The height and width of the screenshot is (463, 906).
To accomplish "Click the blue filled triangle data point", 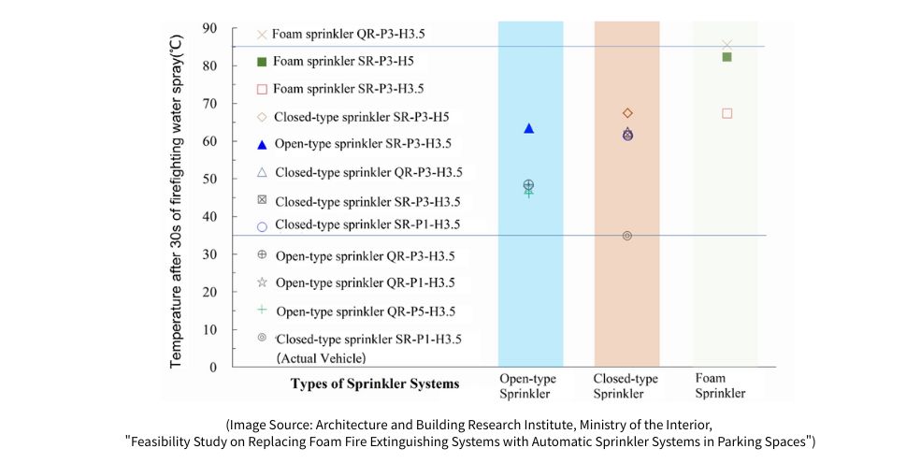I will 529,128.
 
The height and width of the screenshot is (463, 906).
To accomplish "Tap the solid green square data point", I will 726,57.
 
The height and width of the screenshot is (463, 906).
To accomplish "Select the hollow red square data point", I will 726,113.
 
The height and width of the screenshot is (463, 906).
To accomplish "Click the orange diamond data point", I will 627,113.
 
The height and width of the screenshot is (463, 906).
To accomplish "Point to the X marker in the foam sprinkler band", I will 727,44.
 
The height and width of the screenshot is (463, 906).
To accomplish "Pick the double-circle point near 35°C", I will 627,236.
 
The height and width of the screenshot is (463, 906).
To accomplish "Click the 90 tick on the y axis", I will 209,28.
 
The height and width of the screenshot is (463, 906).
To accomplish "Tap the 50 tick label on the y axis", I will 209,179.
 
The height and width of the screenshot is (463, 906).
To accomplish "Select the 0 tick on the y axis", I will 212,368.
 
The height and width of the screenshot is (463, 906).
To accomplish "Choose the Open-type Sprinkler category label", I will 530,386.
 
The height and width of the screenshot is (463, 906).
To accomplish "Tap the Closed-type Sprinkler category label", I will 626,386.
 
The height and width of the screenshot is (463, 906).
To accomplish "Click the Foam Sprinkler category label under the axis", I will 721,386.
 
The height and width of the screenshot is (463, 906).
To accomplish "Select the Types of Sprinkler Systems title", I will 375,383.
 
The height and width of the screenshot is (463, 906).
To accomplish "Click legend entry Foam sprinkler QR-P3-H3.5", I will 347,34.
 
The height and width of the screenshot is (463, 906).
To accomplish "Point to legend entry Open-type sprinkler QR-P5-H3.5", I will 365,311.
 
